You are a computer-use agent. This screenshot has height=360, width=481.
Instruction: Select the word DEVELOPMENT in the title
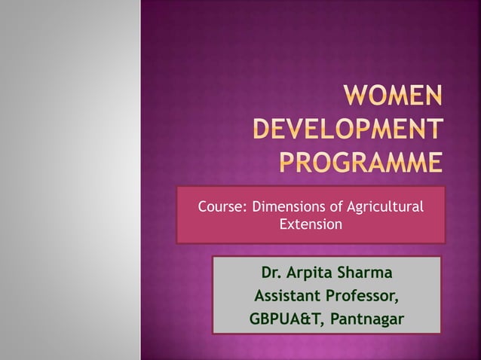(348, 131)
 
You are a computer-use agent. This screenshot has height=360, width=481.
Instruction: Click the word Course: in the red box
(222, 206)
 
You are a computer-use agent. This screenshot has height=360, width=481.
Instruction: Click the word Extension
(311, 224)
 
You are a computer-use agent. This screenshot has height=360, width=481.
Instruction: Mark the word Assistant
(287, 295)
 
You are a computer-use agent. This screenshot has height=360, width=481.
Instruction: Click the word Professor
(363, 295)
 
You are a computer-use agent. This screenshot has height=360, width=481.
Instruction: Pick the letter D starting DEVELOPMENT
(262, 131)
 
